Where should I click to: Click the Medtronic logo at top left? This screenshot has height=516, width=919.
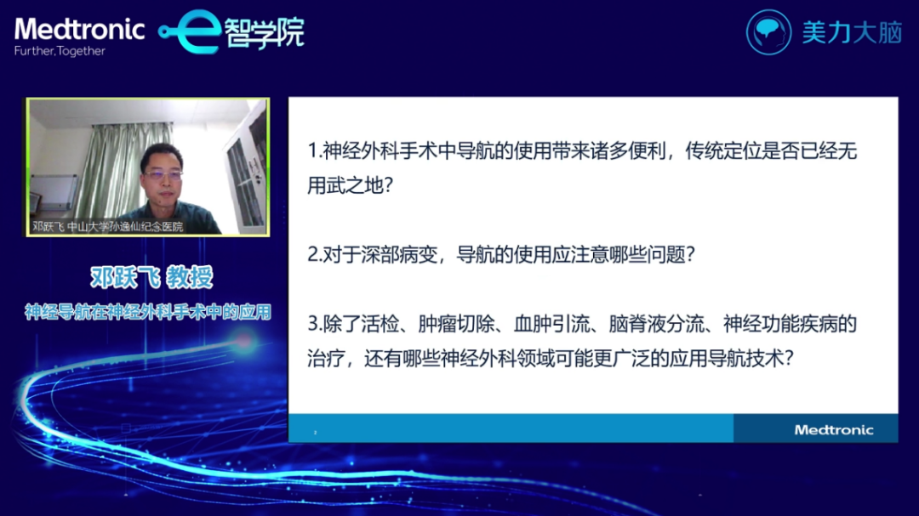80,29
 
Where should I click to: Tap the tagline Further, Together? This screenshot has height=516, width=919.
60,51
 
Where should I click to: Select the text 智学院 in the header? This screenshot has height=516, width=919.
265,33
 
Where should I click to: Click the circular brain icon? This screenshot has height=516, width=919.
768,32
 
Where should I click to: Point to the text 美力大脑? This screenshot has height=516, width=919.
852,33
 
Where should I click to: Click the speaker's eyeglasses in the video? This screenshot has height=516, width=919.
163,174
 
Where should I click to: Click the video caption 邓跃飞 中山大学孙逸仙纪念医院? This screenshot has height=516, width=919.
108,227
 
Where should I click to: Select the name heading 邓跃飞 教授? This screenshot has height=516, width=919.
151,277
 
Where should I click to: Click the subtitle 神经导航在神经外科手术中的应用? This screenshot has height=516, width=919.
148,312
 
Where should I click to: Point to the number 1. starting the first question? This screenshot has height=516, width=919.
315,151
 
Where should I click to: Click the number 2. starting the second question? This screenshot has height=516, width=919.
315,255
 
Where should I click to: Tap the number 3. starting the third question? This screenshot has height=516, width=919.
315,324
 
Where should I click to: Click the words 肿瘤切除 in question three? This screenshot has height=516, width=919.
456,324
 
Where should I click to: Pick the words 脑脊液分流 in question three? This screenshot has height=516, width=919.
656,324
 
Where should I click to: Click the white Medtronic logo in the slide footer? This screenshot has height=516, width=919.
833,430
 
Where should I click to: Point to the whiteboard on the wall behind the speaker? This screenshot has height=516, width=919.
53,192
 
